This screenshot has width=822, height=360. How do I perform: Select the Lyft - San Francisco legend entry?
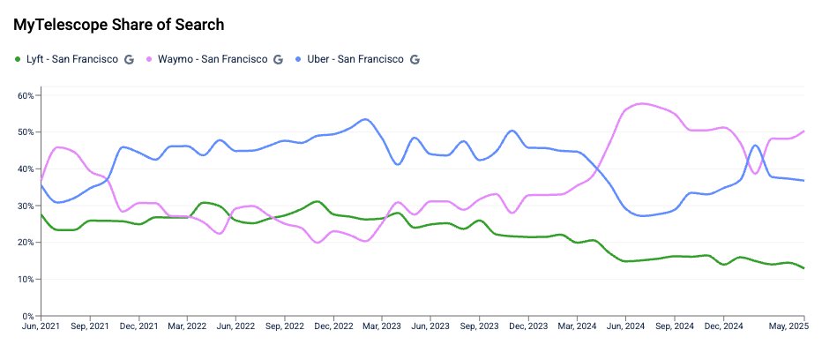click(72, 59)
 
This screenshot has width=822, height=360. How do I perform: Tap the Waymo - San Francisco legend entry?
click(213, 59)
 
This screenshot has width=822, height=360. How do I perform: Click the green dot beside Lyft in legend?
click(18, 59)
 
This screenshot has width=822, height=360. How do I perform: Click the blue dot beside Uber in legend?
click(298, 59)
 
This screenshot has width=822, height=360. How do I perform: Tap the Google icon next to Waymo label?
click(278, 59)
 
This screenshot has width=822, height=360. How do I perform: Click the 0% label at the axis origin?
click(28, 316)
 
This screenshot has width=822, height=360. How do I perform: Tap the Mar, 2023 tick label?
click(381, 326)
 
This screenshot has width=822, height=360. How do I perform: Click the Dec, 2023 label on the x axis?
click(528, 326)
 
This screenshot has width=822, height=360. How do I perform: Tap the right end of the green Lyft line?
click(803, 267)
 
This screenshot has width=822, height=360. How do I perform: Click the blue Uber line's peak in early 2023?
click(365, 119)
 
